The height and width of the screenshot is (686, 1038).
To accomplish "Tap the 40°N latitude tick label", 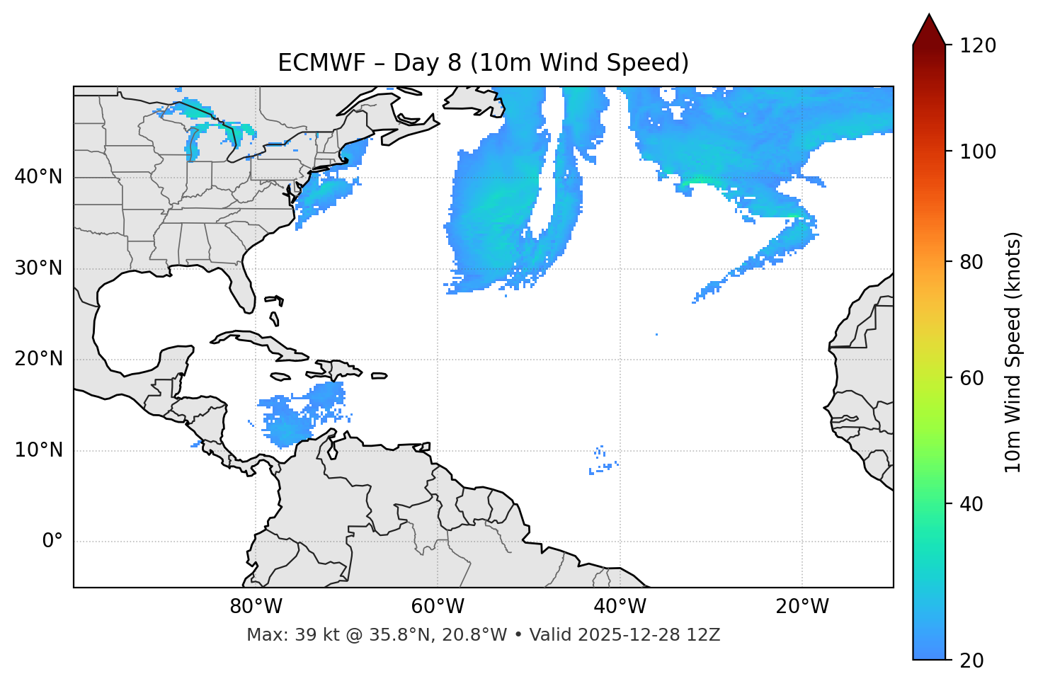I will coord(38,177).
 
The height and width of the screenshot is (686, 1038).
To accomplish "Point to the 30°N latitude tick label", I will coord(38,268).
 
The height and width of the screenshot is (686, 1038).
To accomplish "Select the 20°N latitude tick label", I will coord(38,359).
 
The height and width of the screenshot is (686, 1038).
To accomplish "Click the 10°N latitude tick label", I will coord(38,450).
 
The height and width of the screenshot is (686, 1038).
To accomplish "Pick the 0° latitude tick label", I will coord(52,542).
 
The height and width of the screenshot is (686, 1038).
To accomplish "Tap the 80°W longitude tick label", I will coord(256,607).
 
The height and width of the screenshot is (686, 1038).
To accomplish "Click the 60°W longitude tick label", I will coord(438,607).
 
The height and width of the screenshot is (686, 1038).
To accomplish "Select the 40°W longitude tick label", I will coord(620,607).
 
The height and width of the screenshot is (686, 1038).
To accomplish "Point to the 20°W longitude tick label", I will coord(802,607).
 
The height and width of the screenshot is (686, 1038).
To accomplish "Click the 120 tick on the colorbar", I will coord(978,46).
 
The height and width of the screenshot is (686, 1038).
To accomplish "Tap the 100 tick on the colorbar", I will coord(978,152).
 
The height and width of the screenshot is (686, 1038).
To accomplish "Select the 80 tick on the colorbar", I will coord(974,262).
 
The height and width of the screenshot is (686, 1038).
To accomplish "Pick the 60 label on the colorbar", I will coord(974,378).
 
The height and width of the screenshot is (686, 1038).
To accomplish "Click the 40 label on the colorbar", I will coord(974,504).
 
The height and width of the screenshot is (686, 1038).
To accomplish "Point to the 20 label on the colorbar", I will coord(974,661).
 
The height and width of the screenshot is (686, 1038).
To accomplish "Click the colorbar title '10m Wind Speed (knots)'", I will coord(1013,352).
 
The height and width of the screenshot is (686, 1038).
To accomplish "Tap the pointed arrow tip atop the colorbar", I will coord(929,16).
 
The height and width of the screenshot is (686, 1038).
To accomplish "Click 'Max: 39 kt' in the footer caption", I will coord(280,635).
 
